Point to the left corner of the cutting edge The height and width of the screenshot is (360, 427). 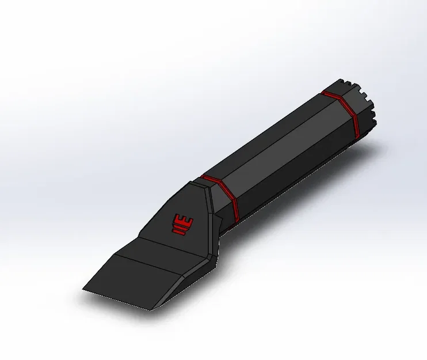pyautogui.click(x=83, y=289)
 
